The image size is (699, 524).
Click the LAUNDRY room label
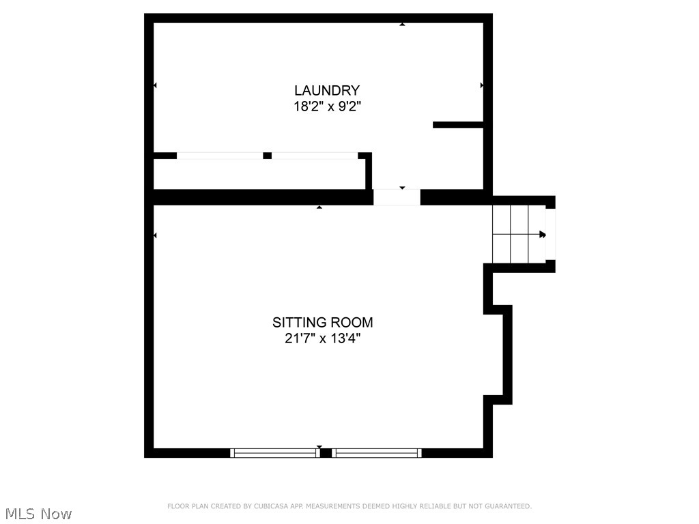click(326, 90)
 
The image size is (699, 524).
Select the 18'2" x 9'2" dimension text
click(326, 106)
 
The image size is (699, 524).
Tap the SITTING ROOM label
click(322, 322)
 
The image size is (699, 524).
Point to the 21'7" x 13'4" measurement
click(322, 338)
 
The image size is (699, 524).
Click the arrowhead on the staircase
click(543, 235)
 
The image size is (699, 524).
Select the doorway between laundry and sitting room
click(397, 197)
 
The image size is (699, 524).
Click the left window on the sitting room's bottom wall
click(274, 452)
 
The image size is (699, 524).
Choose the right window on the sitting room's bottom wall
click(377, 452)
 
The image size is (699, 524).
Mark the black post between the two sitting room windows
click(326, 452)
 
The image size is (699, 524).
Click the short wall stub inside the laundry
click(458, 125)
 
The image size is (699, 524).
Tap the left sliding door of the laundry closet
click(220, 156)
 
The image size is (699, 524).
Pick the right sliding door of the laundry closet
click(315, 156)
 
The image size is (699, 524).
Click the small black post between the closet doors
click(267, 156)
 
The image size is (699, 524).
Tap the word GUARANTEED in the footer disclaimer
click(507, 506)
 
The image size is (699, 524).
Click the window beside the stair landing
click(551, 234)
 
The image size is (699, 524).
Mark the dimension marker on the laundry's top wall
click(402, 25)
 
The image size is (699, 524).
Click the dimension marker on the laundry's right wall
click(482, 85)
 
